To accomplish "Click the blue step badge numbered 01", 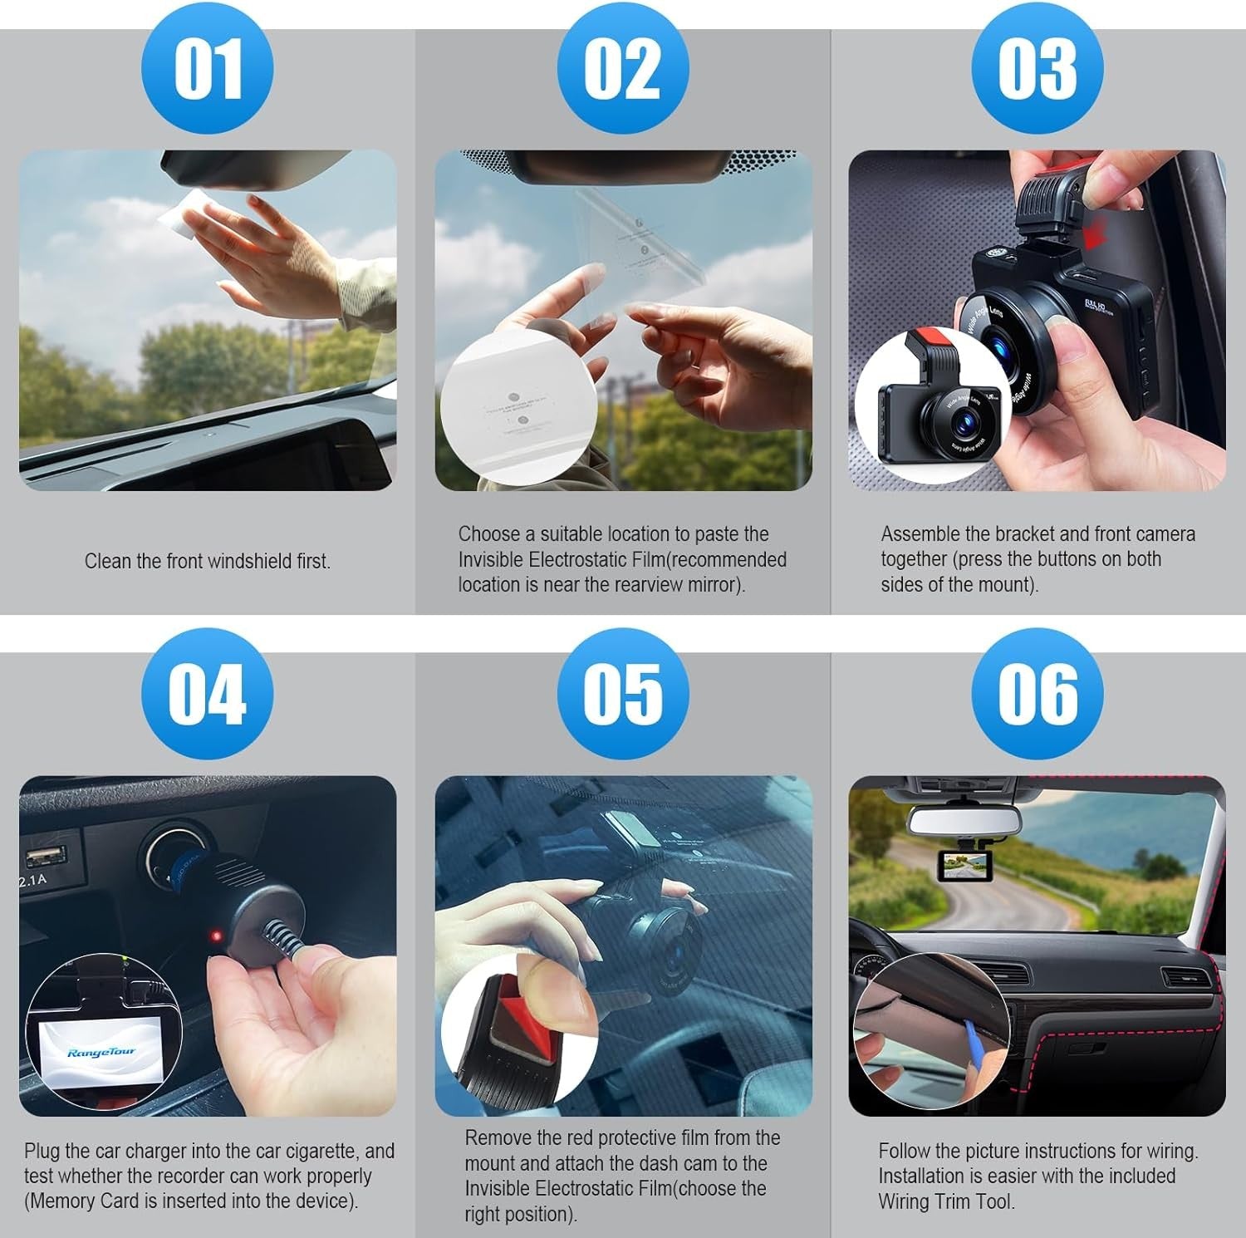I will coord(207,68).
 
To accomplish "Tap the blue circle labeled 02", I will coord(622,68).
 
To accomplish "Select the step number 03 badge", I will coord(1038,68).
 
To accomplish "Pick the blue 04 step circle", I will coord(207,693).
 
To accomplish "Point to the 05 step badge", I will coord(622,693).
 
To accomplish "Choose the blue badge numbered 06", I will coord(1038,693).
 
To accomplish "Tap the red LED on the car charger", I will coord(217,937).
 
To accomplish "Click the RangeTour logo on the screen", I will coord(101,1054).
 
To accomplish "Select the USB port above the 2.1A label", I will coord(46,855).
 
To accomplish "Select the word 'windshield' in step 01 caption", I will coord(250,562).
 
